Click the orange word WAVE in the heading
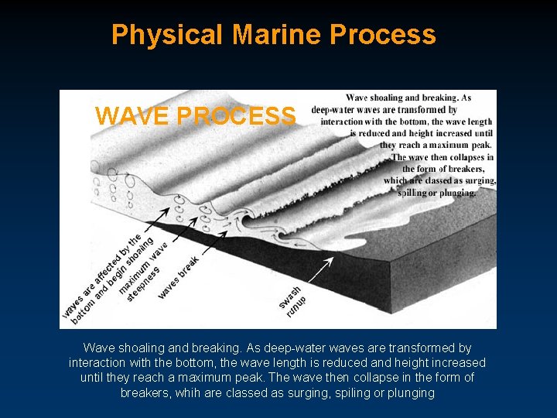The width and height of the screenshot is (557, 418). (132, 116)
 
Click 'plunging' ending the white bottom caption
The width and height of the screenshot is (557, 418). (412, 392)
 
